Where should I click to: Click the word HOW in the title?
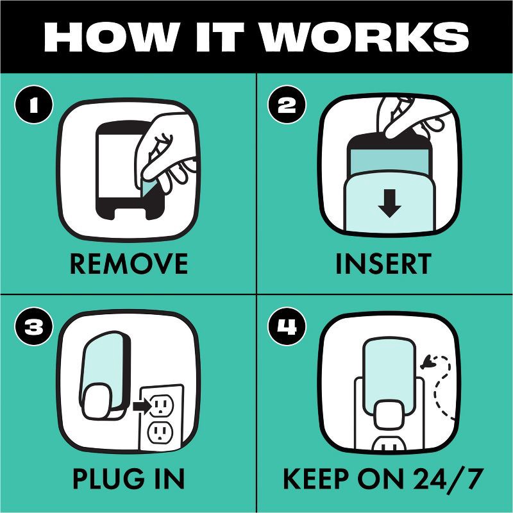tap(111, 37)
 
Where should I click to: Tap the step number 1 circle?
tap(34, 105)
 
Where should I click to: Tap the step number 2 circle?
tap(287, 105)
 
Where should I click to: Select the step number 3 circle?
tap(34, 326)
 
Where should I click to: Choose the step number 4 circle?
tap(287, 326)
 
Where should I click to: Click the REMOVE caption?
tap(129, 264)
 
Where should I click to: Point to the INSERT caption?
tap(383, 264)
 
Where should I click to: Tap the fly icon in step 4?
tap(428, 362)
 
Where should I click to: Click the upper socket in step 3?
tap(162, 405)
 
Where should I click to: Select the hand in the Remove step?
tap(165, 154)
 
